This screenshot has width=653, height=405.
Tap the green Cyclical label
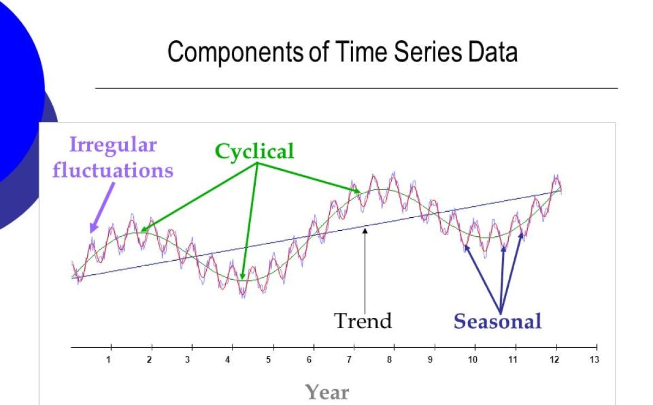[254, 150]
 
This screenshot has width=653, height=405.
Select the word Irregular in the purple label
[113, 144]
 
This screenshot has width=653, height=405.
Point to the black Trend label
[362, 320]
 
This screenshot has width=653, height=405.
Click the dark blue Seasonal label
[497, 321]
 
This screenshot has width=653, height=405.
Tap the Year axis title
[326, 391]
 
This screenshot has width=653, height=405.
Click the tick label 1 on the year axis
[108, 360]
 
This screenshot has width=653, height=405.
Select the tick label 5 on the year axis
[268, 360]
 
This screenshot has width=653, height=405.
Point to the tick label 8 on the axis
[389, 360]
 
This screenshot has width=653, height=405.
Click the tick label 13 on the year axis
[594, 360]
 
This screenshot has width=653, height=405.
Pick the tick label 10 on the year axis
[472, 360]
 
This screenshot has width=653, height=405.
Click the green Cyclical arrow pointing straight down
[248, 218]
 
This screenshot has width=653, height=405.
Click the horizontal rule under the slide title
[356, 88]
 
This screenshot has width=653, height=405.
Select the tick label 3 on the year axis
[187, 360]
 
